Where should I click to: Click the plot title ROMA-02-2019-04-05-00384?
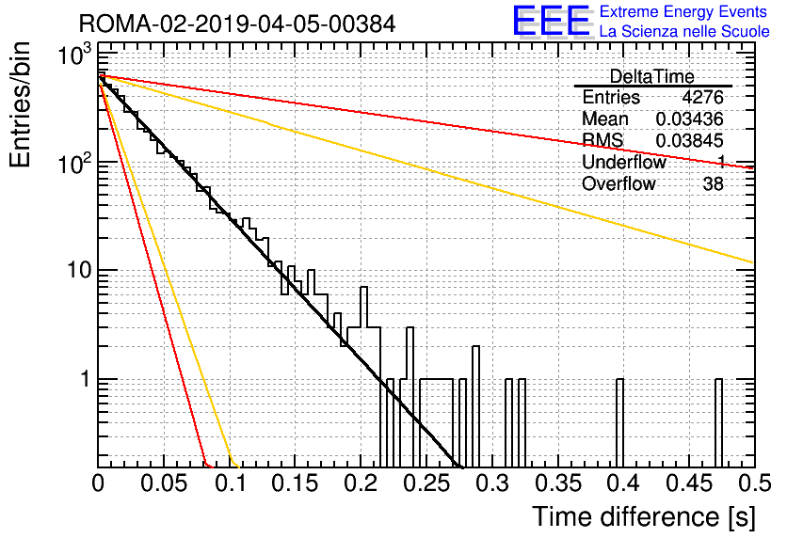pos(237,24)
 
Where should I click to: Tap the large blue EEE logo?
pos(551,21)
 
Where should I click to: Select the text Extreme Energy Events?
pos(683,11)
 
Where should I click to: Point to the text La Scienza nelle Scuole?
pos(684,31)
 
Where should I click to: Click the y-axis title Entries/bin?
pos(20,104)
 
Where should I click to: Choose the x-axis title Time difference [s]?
pos(644,516)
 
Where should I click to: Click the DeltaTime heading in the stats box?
pos(651,76)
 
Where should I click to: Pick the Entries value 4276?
pos(702,97)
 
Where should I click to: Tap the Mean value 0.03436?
pos(690,119)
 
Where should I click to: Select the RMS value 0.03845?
pos(690,140)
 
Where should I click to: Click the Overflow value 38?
pos(714,184)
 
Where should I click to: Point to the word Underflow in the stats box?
pos(624,162)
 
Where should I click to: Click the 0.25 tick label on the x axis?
pos(426,483)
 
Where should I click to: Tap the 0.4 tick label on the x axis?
pos(623,483)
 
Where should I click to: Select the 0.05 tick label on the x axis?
pos(164,483)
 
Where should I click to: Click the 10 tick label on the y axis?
pos(79,271)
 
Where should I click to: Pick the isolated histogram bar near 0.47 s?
pos(718,423)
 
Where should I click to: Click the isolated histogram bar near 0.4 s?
pos(619,423)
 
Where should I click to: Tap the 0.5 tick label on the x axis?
pos(754,483)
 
